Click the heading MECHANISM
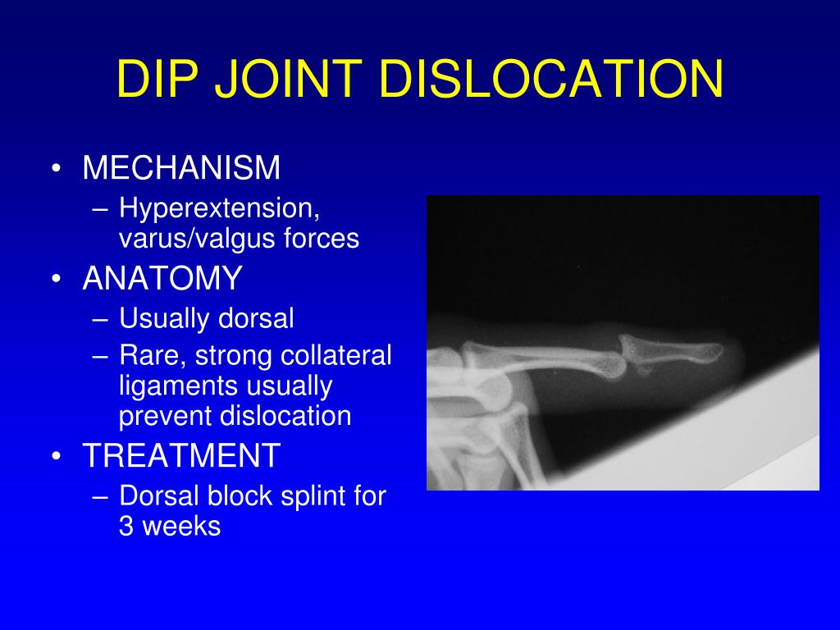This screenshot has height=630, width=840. click(181, 168)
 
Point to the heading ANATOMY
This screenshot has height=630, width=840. click(162, 279)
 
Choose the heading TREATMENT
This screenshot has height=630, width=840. click(181, 456)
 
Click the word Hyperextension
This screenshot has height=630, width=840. click(217, 208)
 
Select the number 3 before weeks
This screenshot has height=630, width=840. click(126, 526)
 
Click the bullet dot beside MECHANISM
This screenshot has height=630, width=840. click(56, 169)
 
